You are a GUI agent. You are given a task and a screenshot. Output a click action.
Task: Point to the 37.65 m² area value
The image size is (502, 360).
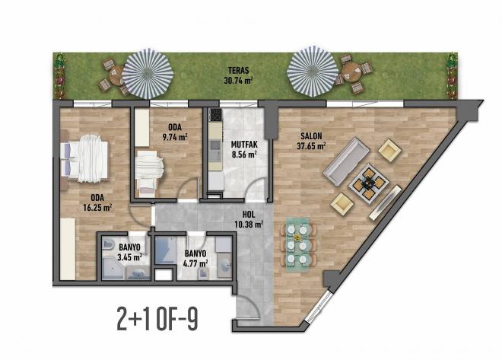311,147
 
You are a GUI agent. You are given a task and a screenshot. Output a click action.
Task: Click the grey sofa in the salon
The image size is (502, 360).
345,163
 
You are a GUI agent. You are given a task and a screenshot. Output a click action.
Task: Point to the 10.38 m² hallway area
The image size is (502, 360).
249,224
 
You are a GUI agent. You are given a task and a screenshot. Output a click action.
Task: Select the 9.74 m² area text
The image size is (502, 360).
175,137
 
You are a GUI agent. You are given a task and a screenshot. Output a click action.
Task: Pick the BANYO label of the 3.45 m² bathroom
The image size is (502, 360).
128,247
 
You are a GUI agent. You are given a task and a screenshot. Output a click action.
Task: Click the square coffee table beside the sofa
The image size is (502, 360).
368,183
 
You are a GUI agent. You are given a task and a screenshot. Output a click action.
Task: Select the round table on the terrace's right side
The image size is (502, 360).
351,72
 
